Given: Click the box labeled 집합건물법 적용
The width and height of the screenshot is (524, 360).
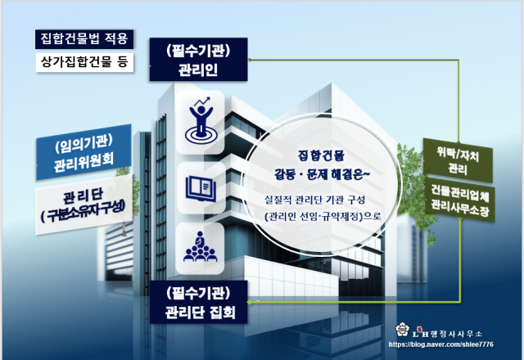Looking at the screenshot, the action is [84, 39].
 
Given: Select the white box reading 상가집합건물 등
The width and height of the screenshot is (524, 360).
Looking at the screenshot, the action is [84, 62].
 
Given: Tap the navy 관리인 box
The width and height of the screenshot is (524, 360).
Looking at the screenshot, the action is [198, 60].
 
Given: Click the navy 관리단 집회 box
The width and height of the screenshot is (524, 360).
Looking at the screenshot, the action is [198, 302].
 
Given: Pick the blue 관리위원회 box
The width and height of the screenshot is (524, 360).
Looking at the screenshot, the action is [84, 152].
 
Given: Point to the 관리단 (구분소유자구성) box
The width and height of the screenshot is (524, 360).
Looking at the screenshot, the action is [84, 205].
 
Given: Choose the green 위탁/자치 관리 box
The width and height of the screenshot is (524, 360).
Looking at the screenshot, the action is [458, 160].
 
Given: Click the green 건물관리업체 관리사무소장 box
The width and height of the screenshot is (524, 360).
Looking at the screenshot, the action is [460, 200].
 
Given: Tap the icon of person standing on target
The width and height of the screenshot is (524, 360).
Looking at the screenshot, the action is [200, 122].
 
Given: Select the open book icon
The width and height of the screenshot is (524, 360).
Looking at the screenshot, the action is [201, 189].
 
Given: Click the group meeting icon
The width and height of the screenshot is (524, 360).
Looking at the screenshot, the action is [200, 247].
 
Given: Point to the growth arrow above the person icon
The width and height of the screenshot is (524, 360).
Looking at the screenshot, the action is [203, 101].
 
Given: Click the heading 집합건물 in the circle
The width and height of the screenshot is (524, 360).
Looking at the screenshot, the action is [321, 155].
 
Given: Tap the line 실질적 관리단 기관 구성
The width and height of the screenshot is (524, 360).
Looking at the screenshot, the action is [314, 200].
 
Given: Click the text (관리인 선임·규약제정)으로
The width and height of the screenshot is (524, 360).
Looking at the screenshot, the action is [323, 216].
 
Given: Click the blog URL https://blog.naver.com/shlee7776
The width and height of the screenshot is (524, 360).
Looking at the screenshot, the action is [440, 344].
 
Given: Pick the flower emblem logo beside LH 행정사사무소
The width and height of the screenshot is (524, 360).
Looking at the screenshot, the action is [402, 330].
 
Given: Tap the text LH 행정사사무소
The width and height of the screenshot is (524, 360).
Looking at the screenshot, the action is [447, 333].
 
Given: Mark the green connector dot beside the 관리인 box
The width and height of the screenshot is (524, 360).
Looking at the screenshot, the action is [249, 60].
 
